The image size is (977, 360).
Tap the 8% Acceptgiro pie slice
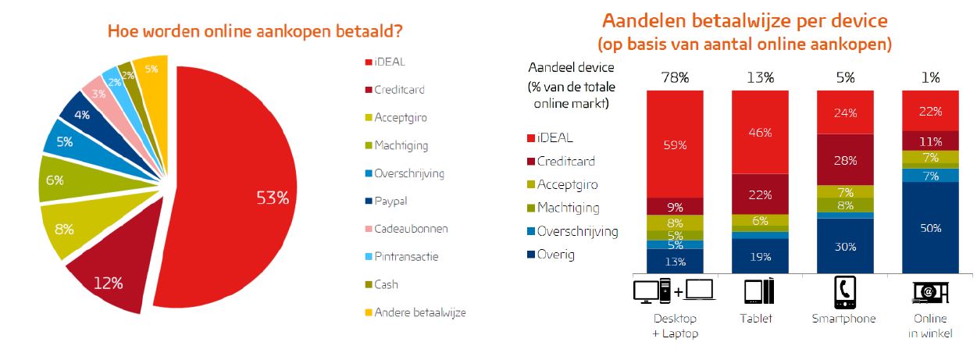coord(66,230)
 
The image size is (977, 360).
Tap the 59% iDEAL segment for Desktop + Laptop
coord(675,144)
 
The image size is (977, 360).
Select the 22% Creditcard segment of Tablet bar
coord(760,194)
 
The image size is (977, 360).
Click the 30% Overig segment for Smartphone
coord(845,246)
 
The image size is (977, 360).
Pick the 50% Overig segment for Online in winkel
coord(930,228)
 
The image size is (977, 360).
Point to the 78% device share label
coord(675,77)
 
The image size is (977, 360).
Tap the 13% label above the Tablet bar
coord(760,77)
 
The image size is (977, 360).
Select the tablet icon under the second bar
coord(760,291)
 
